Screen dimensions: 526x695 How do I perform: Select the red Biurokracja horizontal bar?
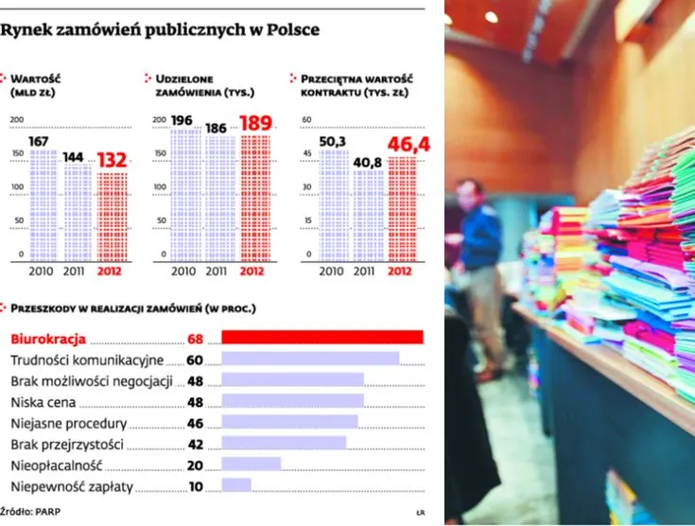(x=321, y=338)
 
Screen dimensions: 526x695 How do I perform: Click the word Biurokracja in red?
(x=47, y=339)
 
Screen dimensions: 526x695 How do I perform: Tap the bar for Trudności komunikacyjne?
(x=309, y=359)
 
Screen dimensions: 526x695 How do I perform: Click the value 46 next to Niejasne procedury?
(x=196, y=423)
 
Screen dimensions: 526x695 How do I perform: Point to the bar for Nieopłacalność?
(x=251, y=465)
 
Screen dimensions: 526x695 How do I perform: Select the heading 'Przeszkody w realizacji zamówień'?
(x=132, y=308)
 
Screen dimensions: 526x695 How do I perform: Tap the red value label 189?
(x=255, y=123)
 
